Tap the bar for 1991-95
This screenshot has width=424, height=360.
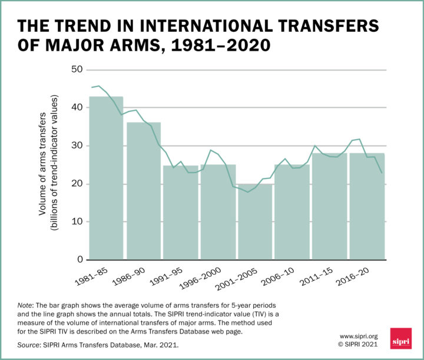pos(181,213)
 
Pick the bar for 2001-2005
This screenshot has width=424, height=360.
pos(255,222)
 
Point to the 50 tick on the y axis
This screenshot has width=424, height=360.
pos(76,70)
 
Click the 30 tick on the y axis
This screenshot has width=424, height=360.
pos(76,146)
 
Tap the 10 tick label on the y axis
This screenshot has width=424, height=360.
pos(76,222)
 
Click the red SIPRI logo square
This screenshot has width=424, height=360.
pos(401,338)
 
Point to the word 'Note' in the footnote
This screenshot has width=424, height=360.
pos(26,305)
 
